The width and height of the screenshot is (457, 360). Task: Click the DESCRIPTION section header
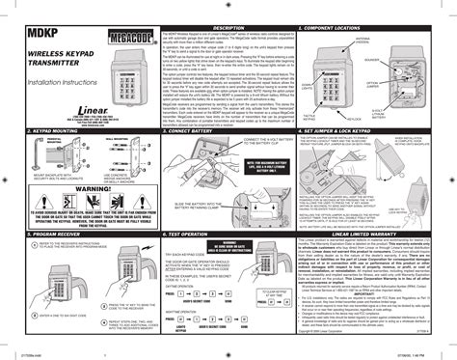218,28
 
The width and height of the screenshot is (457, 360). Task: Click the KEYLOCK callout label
388,120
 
